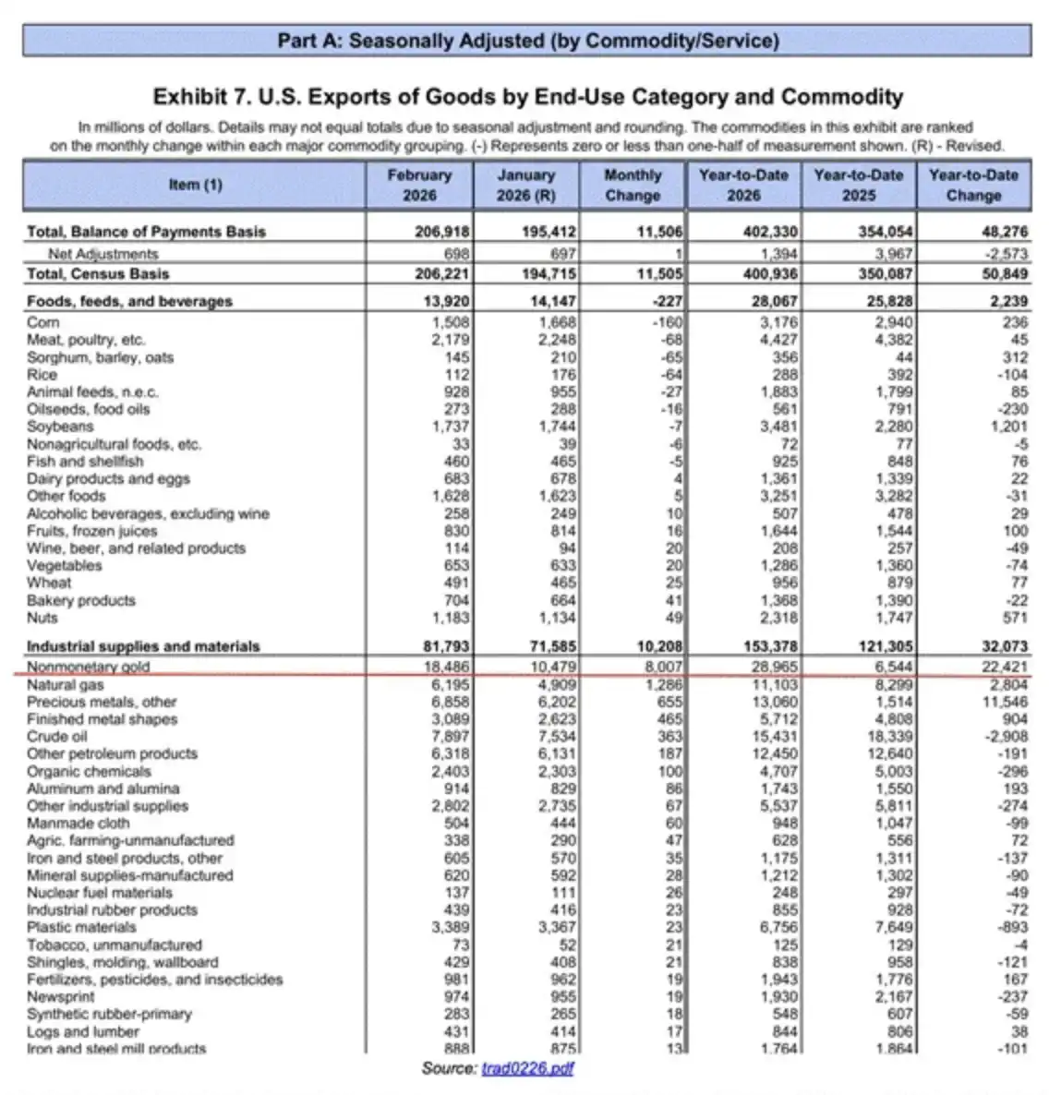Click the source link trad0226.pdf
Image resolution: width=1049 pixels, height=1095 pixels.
pos(528,1068)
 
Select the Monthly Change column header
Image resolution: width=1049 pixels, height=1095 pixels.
pos(633,185)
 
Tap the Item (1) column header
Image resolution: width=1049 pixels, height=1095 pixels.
pos(195,185)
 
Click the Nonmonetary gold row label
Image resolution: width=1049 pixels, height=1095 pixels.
pos(88,667)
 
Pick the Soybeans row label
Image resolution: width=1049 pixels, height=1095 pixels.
pos(60,427)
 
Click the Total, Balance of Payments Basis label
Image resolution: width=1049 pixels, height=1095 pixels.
pos(146,232)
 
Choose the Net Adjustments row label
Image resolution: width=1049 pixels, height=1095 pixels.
pos(103,254)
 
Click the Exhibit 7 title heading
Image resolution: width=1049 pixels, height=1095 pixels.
pos(527,97)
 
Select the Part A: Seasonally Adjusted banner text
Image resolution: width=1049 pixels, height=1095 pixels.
pos(527,42)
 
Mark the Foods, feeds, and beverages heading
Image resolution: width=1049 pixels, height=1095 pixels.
pos(129,301)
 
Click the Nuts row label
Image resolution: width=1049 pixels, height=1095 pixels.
pos(42,618)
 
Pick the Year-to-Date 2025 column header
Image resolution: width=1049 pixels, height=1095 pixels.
pos(858,185)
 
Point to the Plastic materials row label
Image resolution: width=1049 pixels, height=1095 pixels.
pos(81,927)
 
